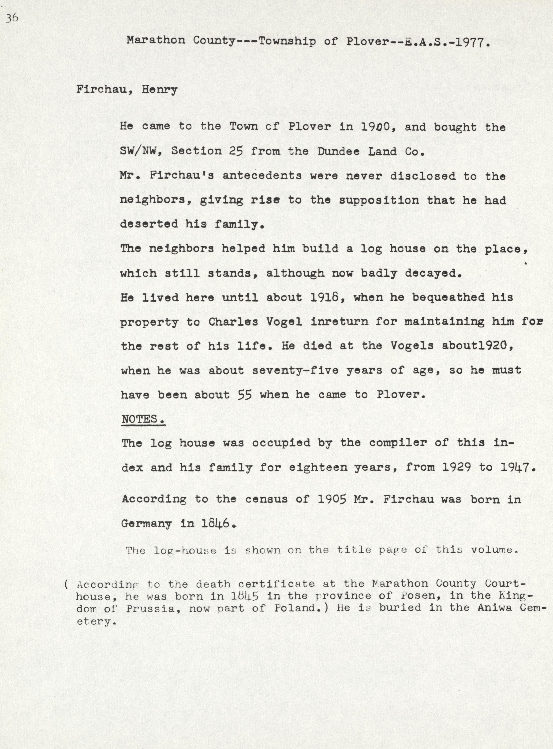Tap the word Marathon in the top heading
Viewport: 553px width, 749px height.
[x=156, y=41]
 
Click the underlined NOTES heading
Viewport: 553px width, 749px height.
[x=143, y=419]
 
